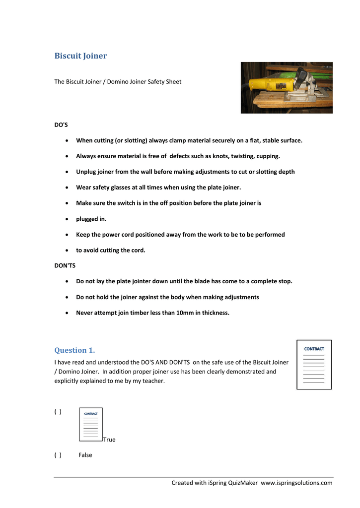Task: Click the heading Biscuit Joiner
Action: (x=80, y=56)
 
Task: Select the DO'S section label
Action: (x=61, y=125)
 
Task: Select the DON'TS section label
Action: (x=65, y=265)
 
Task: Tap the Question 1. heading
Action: (x=74, y=350)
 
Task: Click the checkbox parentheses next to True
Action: (x=58, y=412)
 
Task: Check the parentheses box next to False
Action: (x=58, y=455)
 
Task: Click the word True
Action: (x=109, y=440)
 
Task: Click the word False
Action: (x=85, y=455)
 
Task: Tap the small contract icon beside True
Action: (x=91, y=424)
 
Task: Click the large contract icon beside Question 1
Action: (x=314, y=365)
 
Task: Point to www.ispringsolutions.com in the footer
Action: (x=296, y=483)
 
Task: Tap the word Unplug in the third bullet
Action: (x=86, y=172)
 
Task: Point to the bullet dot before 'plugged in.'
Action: (x=67, y=219)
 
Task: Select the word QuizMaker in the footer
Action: (x=243, y=483)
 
